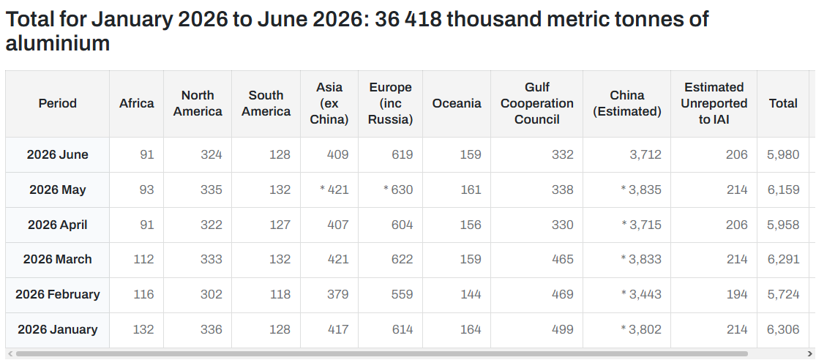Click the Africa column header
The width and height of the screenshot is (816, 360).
136,103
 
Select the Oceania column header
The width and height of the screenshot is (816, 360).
457,103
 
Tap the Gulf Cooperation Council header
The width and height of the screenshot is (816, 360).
536,103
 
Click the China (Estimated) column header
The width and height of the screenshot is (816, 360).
627,103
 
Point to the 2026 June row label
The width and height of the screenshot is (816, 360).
58,154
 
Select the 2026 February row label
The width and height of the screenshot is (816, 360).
58,294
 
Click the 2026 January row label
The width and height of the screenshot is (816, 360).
58,329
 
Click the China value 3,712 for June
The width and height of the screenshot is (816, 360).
645,154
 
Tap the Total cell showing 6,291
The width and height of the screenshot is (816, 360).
783,259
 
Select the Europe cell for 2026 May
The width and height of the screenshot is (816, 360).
398,190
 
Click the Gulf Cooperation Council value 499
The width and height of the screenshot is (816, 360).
563,329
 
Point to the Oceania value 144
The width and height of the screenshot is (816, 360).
471,294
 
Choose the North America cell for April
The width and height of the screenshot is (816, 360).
212,225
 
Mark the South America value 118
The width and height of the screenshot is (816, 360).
280,294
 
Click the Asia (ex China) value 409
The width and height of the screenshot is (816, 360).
338,154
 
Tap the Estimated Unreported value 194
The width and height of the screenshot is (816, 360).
737,294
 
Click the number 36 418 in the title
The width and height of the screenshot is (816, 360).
408,19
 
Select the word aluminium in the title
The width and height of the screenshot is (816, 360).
58,43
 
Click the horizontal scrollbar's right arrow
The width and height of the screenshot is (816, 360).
809,354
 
